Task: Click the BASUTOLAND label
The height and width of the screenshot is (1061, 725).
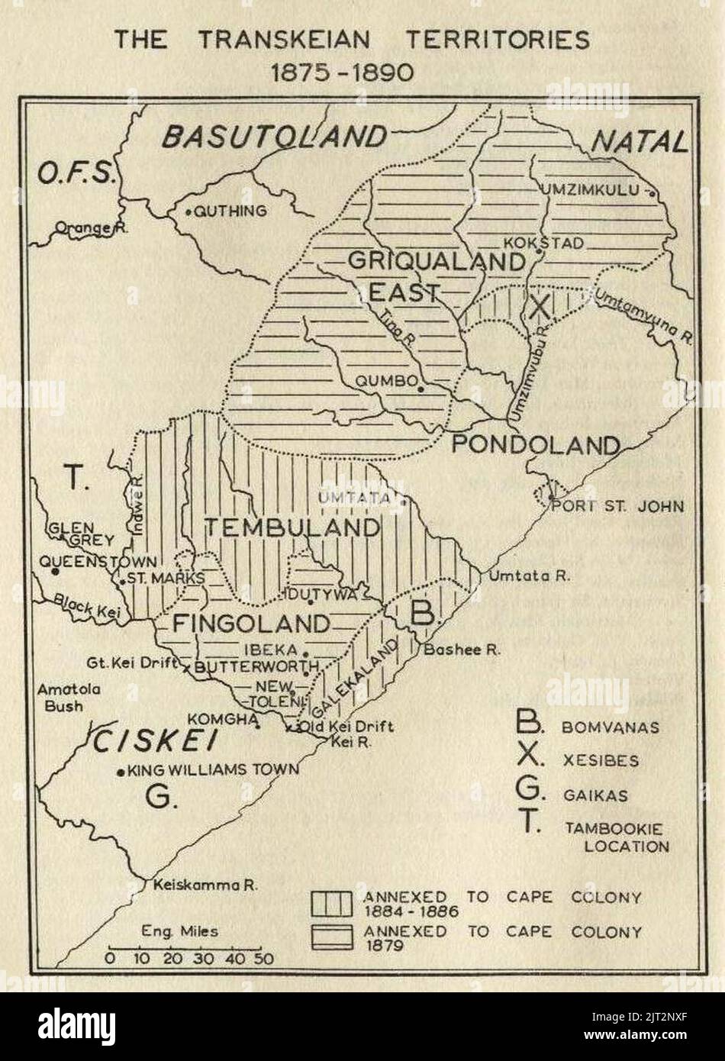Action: pos(273,137)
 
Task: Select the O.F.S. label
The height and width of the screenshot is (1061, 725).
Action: pos(76,174)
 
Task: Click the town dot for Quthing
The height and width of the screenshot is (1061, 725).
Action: pos(188,211)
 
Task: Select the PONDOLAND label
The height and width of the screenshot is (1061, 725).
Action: pos(533,445)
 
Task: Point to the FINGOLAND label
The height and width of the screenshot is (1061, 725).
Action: pos(251,624)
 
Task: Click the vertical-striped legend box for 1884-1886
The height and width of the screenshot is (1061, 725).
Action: pos(331,903)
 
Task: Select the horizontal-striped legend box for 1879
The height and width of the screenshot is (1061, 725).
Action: pos(331,937)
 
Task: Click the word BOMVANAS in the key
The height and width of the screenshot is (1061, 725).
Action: pos(610,727)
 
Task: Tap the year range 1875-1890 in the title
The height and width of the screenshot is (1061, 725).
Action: pos(343,72)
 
